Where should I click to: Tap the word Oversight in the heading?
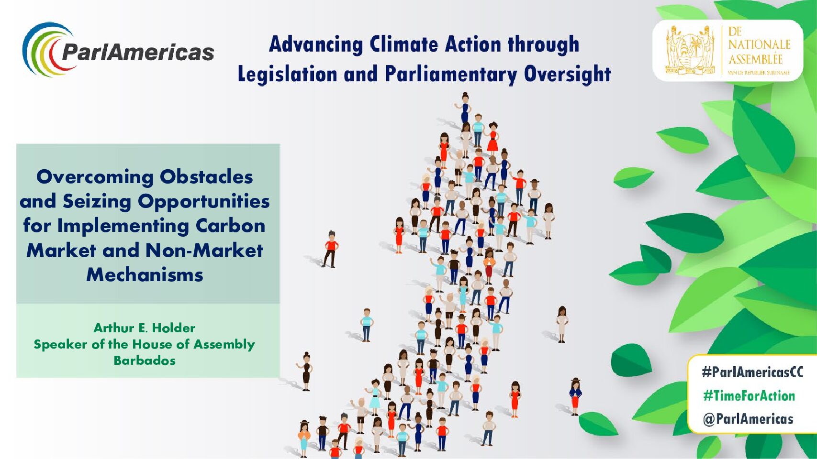(x=568, y=75)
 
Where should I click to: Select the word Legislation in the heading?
(x=287, y=75)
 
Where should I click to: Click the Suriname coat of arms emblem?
(x=691, y=50)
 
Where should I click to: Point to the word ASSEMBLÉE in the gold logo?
(x=755, y=59)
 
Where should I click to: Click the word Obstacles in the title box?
(x=206, y=177)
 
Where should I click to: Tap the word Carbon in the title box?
(x=231, y=226)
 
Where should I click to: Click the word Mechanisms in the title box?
(x=145, y=274)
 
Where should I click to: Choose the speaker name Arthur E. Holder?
(x=145, y=328)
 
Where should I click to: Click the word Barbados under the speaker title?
(x=145, y=361)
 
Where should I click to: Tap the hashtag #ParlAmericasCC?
(x=752, y=372)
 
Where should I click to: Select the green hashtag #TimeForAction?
(x=749, y=395)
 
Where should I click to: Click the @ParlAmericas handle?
(x=748, y=419)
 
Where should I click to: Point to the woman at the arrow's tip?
(x=464, y=108)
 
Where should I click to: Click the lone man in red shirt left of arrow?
(x=330, y=249)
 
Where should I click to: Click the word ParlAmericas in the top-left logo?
(x=138, y=52)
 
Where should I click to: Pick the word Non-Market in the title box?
(x=204, y=251)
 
